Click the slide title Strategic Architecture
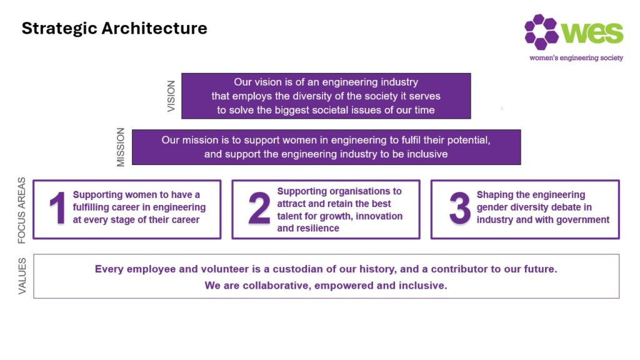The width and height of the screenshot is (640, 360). [114, 29]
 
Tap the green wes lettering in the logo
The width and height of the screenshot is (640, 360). [592, 32]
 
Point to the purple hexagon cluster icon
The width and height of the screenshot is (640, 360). [541, 31]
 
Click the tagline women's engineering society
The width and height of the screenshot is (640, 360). [576, 58]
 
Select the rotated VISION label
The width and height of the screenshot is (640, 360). [171, 96]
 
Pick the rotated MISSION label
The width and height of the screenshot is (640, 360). [121, 147]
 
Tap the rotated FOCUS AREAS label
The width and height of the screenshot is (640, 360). [22, 210]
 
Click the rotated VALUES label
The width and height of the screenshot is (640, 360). [22, 276]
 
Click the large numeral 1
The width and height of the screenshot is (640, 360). [57, 208]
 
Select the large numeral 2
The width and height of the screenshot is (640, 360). [259, 208]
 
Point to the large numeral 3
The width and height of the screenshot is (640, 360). [459, 208]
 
